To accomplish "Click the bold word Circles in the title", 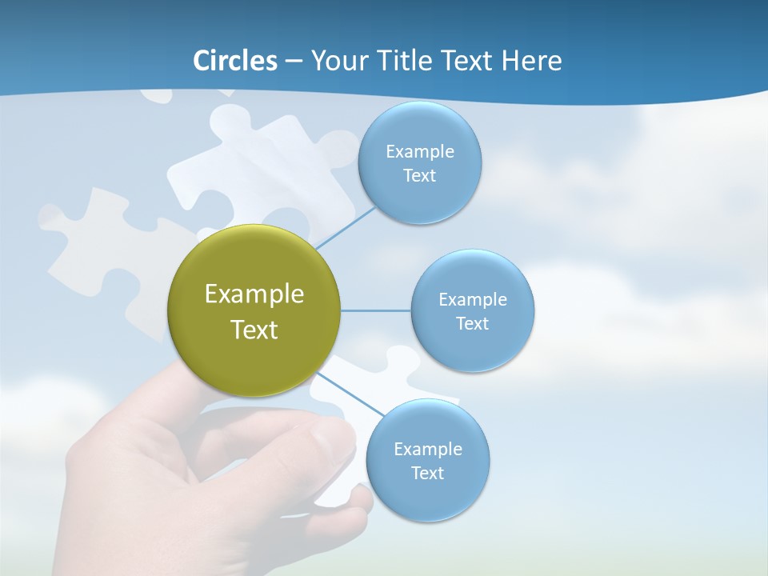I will [235, 61].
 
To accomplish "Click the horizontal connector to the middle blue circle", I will [375, 310].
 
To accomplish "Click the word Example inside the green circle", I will [254, 294].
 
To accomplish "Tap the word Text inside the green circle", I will [254, 330].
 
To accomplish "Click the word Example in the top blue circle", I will [419, 152].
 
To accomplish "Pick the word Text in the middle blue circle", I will [472, 323].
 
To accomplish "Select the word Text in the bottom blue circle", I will [427, 473].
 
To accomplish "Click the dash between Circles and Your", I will [294, 62].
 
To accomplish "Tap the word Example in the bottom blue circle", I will [427, 449].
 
